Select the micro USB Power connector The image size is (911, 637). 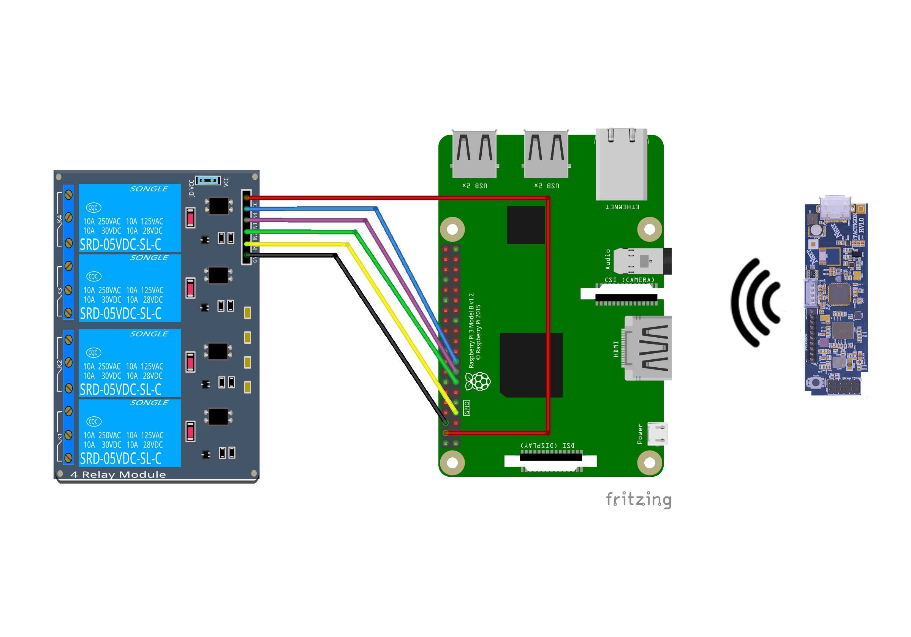[657, 433]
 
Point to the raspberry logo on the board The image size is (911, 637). [479, 381]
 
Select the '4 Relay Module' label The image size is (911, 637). [118, 474]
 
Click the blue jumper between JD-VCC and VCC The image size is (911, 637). [208, 180]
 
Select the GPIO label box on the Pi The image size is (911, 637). [467, 408]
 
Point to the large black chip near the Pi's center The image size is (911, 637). [531, 365]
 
